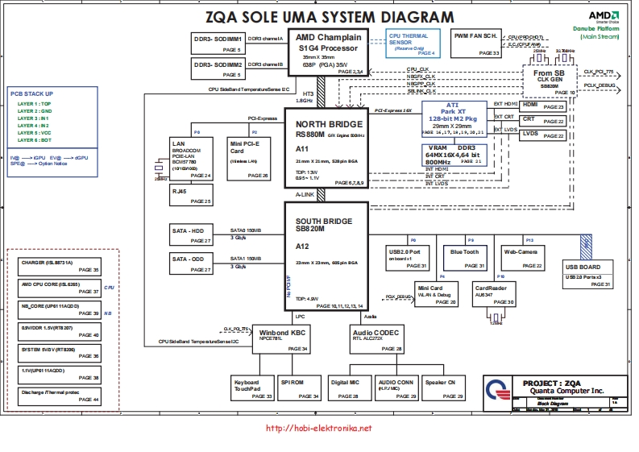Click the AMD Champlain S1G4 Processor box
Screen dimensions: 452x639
point(327,53)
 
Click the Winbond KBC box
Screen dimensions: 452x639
point(280,339)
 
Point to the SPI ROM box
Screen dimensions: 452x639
point(297,388)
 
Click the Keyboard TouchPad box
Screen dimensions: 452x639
point(251,388)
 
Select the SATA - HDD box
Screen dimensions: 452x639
point(191,234)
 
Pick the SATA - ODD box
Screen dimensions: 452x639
point(191,263)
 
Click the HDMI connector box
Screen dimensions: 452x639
point(542,106)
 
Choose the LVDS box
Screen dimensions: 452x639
point(542,135)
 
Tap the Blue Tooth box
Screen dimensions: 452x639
point(465,256)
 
